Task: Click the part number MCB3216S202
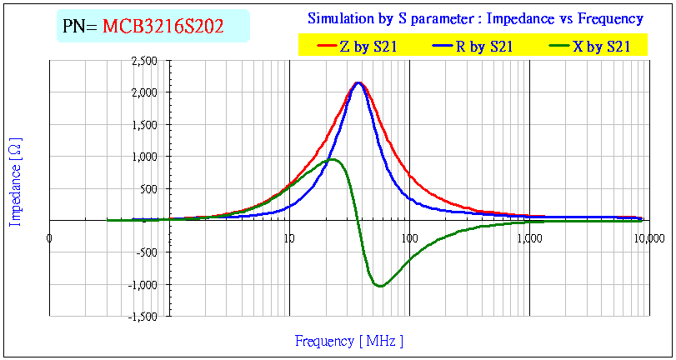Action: point(163,27)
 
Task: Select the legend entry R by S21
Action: point(483,47)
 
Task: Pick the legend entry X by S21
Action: point(600,47)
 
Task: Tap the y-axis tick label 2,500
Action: point(144,61)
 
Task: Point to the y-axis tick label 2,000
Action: point(144,92)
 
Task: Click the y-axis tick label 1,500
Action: point(144,124)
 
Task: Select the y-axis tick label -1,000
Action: point(143,284)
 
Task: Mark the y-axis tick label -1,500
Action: point(143,316)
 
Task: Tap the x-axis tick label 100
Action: point(409,237)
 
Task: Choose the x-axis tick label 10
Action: point(289,237)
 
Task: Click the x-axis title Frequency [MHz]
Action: point(348,341)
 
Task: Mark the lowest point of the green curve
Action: point(379,286)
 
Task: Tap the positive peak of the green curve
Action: point(333,159)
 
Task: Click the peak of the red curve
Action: point(358,82)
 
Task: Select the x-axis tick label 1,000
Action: point(529,237)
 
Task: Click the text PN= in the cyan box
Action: point(81,27)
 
